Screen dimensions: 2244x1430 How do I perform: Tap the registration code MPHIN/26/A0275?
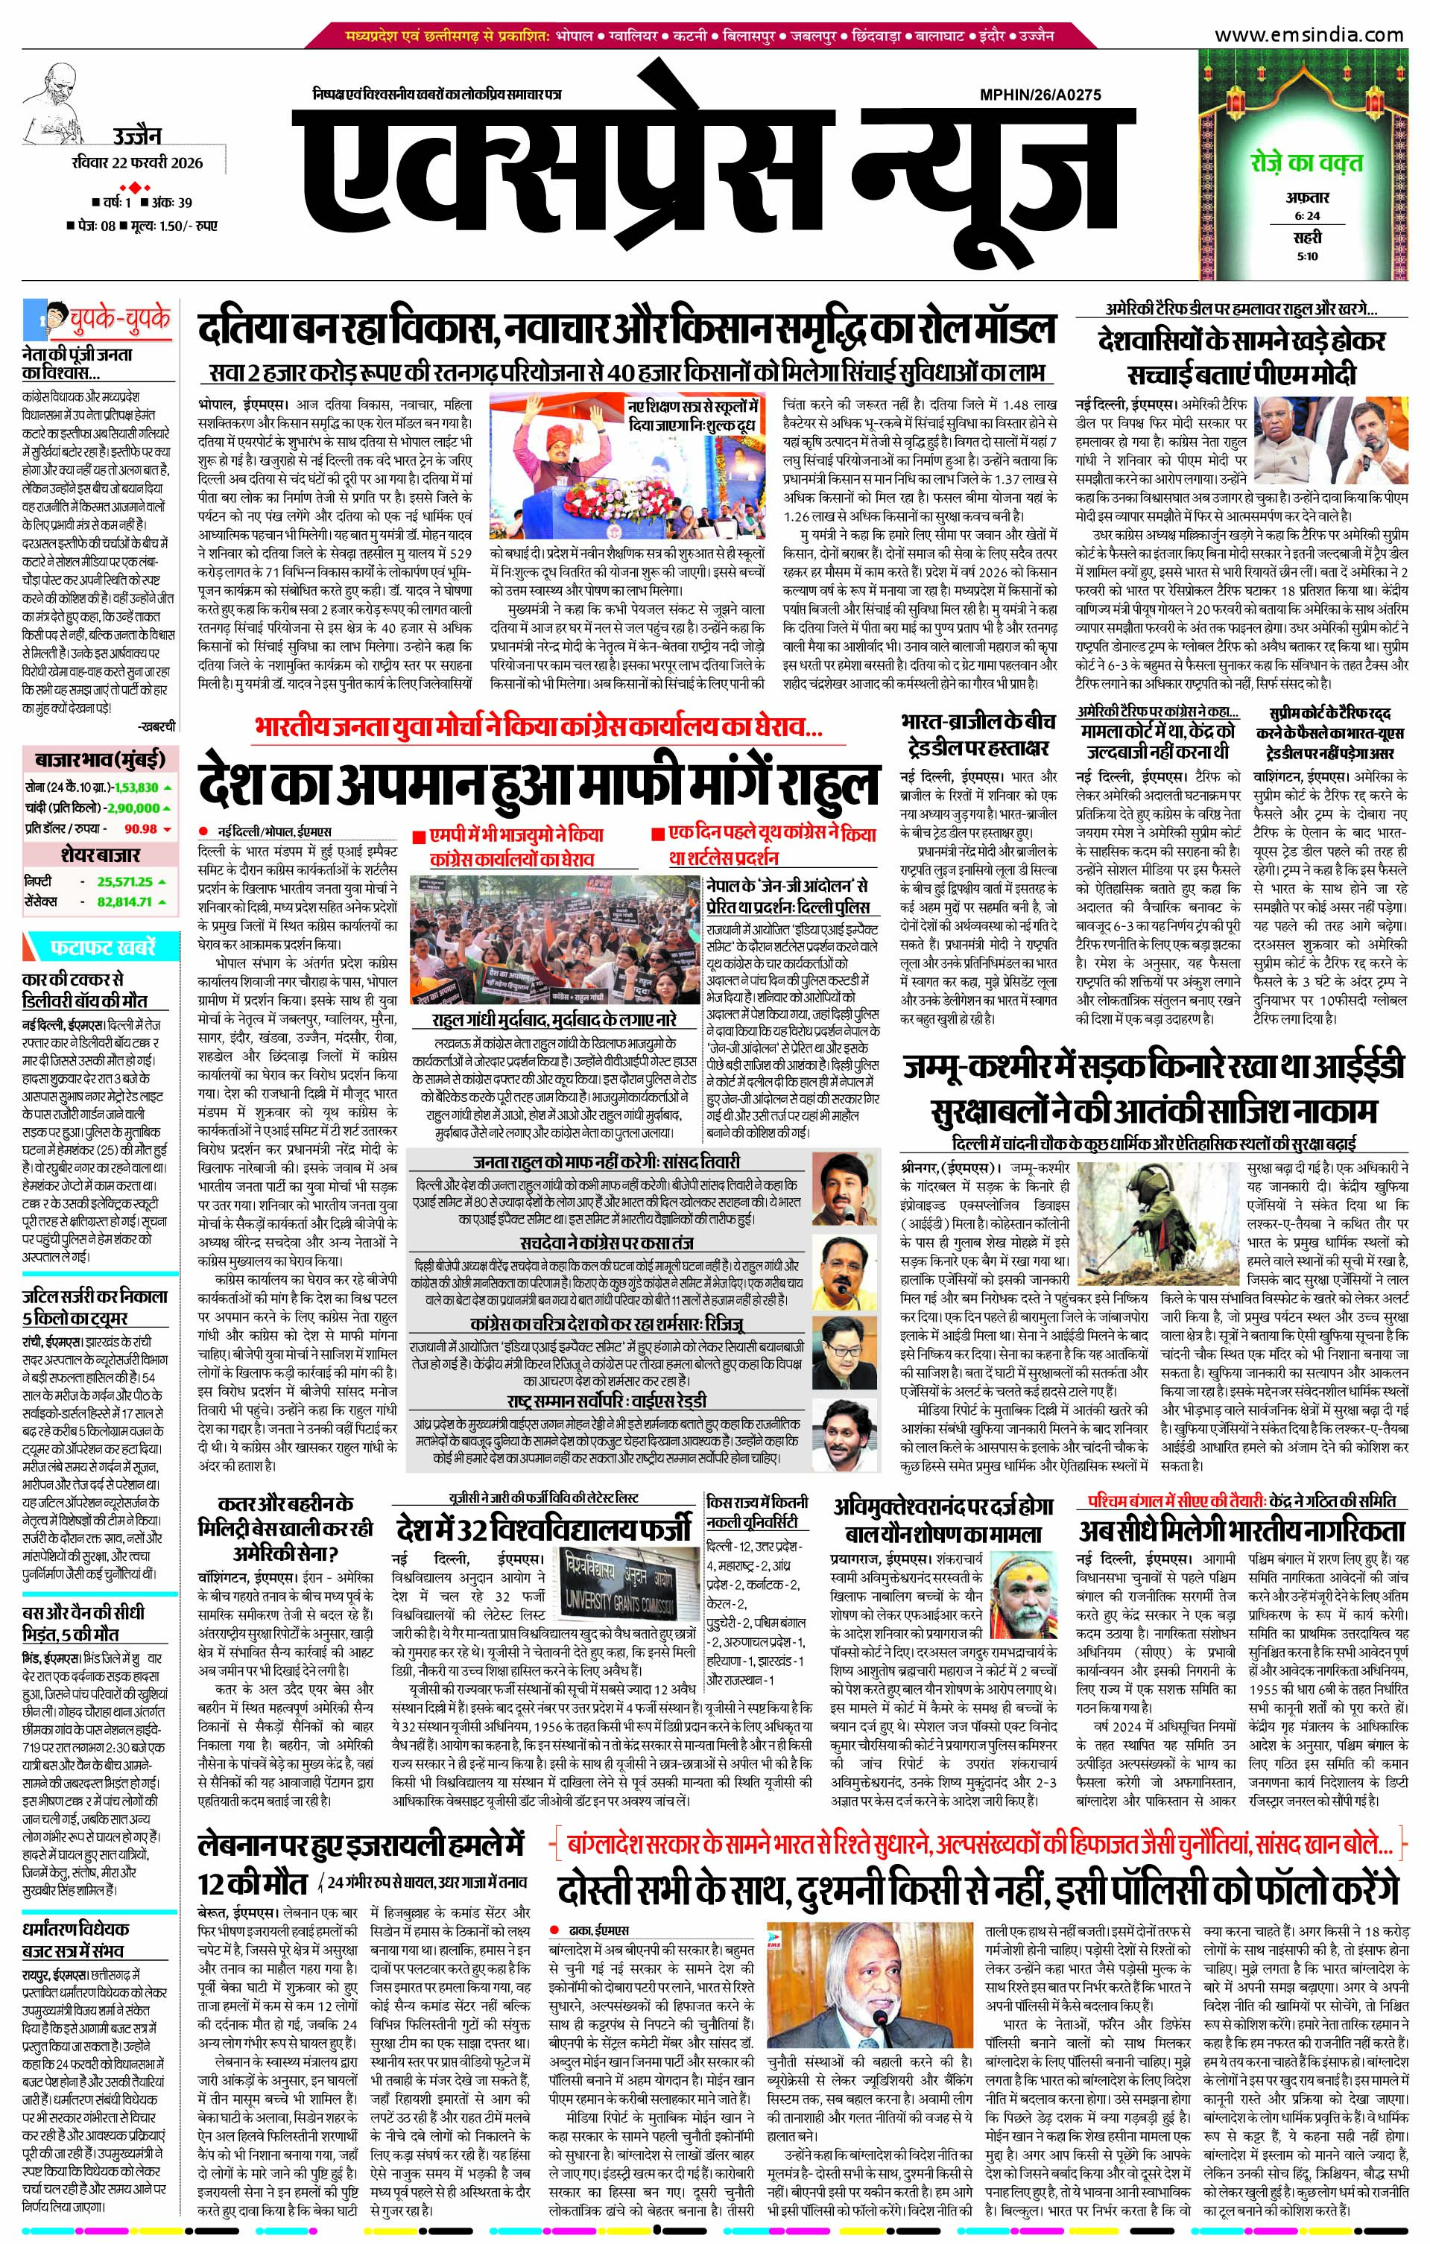[1040, 94]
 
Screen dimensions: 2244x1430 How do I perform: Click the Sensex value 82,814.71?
[123, 901]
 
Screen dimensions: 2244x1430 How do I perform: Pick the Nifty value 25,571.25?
[123, 881]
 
